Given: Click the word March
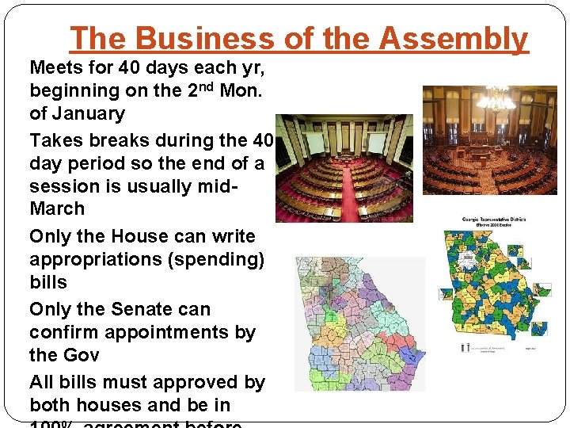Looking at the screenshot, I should pyautogui.click(x=56, y=208).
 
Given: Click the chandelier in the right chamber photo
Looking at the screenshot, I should pyautogui.click(x=496, y=101).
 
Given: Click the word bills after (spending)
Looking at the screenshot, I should pyautogui.click(x=48, y=282).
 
